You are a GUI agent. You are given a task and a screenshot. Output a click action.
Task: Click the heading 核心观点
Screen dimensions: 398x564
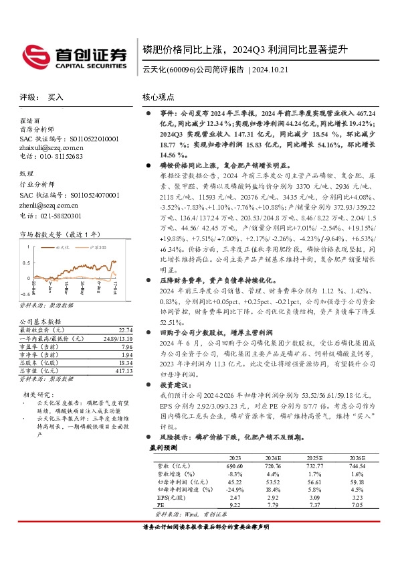tap(158, 96)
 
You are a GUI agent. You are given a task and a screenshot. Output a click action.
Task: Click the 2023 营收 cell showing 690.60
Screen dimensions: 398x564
tap(231, 465)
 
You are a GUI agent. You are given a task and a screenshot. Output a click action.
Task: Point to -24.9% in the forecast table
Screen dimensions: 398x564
tap(231, 489)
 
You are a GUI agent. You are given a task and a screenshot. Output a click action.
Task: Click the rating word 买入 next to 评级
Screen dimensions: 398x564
tap(56, 97)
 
